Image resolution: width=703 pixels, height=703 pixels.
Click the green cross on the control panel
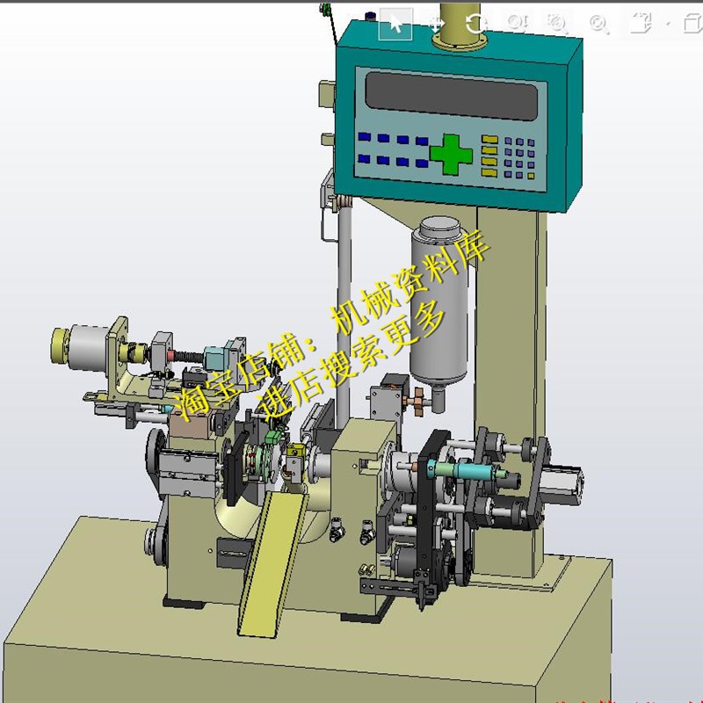coord(451,154)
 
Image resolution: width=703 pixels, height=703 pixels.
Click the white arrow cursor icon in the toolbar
coord(395,24)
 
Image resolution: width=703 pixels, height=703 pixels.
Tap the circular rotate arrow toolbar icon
coord(475,24)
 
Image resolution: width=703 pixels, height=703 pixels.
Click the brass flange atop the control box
coord(457,31)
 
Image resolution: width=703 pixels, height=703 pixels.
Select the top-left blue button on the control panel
coord(364,137)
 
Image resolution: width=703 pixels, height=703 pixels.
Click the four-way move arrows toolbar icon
coord(437,24)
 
